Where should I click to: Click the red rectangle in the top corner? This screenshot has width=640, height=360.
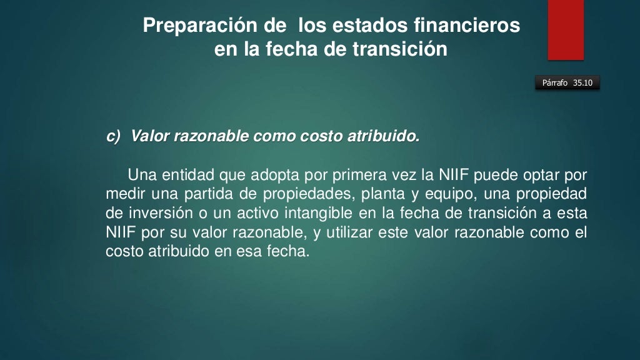coord(566,29)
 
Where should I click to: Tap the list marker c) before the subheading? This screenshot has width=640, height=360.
coord(113,136)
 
